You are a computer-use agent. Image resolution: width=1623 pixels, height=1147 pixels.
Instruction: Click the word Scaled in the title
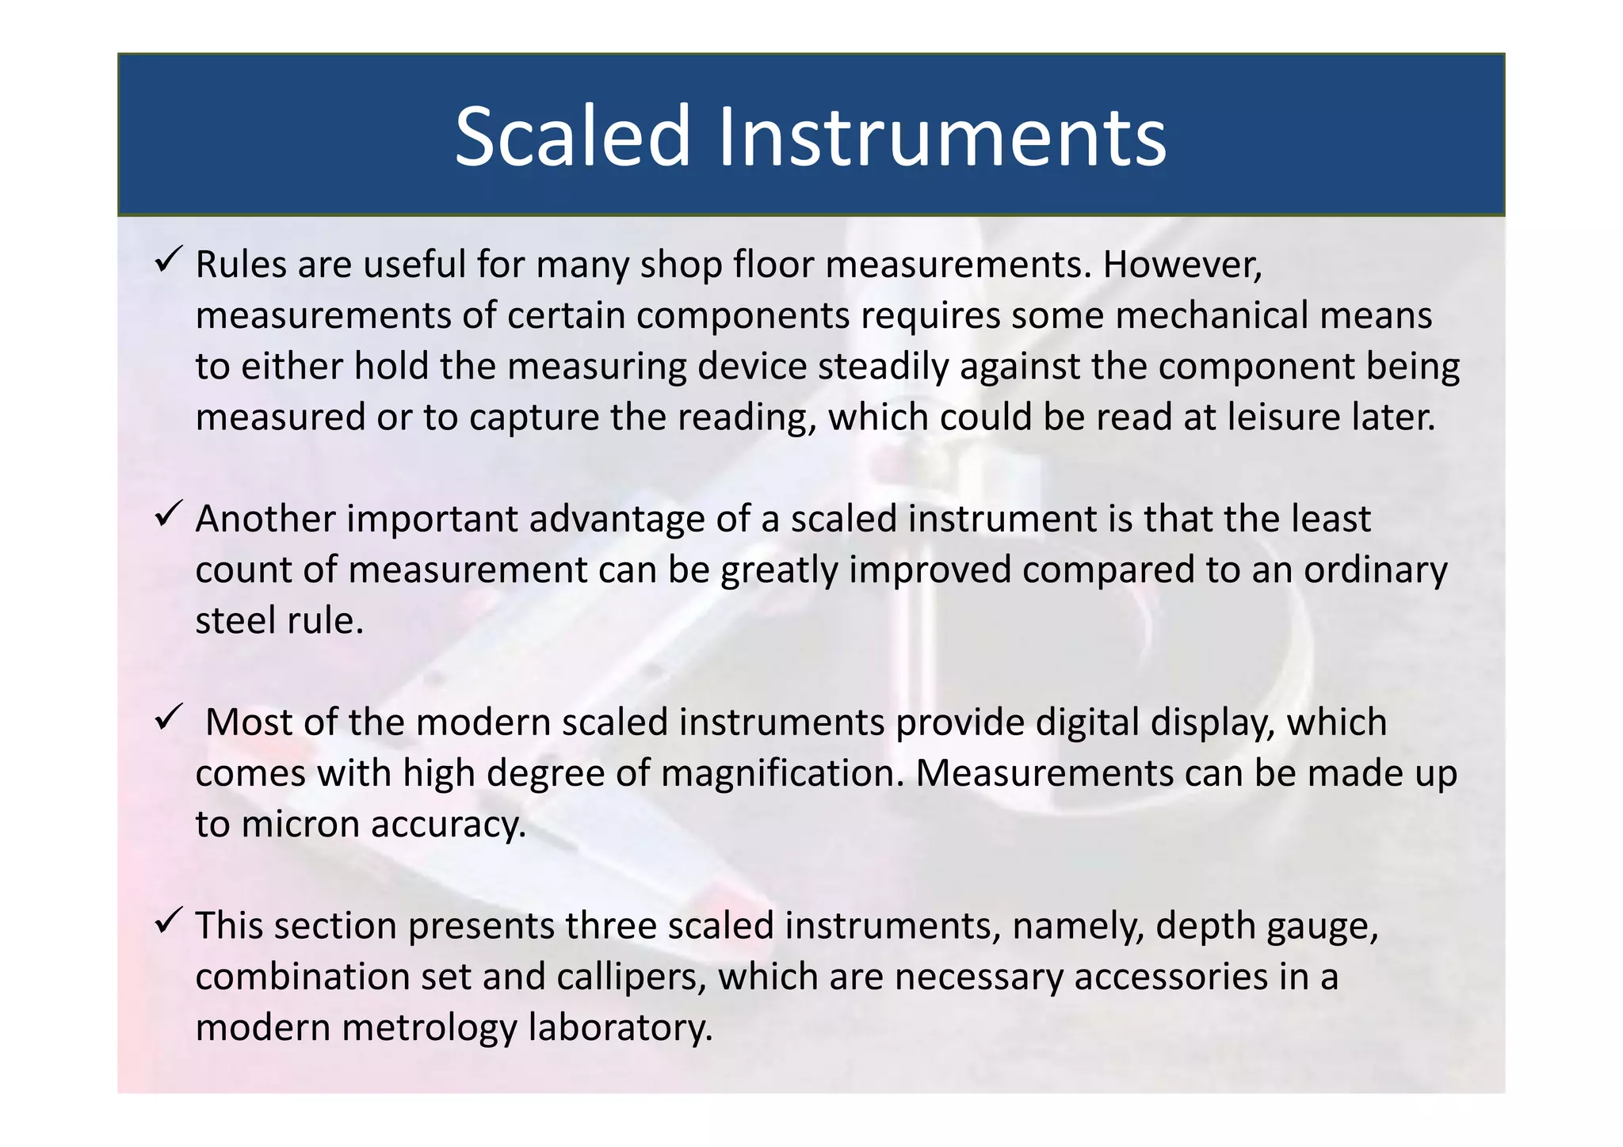[573, 136]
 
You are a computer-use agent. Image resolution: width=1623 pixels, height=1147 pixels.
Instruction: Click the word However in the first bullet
[1182, 265]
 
